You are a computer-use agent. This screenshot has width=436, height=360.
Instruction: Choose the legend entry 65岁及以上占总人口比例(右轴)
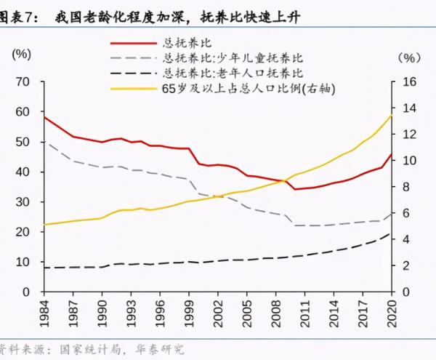248,87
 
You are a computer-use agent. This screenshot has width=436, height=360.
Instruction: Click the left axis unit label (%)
22,54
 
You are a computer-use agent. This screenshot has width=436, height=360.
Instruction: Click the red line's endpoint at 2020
392,154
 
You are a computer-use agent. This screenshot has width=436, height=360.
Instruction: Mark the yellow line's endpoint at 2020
392,115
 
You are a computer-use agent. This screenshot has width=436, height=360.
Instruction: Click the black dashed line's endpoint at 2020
392,233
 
